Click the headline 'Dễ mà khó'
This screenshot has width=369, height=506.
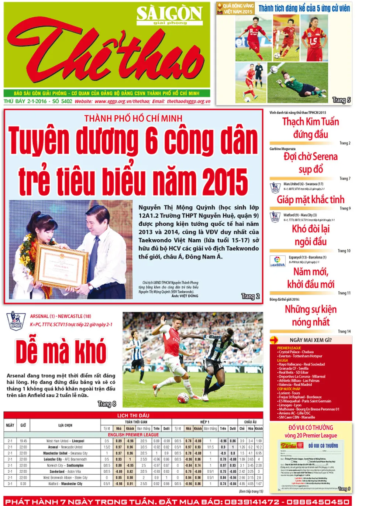61,352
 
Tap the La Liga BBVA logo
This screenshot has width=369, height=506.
277,261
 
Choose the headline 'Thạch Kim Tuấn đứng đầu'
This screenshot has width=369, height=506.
310,128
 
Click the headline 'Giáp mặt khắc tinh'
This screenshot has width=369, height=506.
310,200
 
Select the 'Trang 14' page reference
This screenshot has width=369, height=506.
344,331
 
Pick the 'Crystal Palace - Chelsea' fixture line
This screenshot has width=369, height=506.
296,352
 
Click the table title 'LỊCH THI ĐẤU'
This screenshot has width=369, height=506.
133,416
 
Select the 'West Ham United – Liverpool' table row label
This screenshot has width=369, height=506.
65,441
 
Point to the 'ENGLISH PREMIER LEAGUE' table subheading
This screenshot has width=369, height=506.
133,435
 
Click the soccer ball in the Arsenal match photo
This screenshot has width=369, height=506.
183,397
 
